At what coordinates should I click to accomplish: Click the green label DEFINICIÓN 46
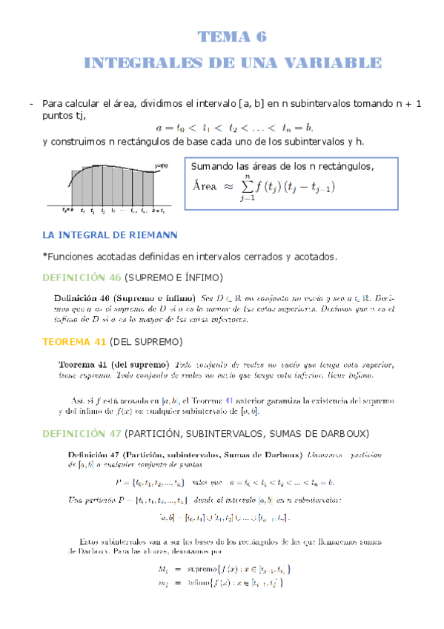tap(82, 277)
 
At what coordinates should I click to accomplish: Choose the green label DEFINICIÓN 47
tap(82, 433)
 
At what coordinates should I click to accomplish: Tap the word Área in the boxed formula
tap(208, 188)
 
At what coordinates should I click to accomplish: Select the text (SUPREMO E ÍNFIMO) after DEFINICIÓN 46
tap(173, 277)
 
